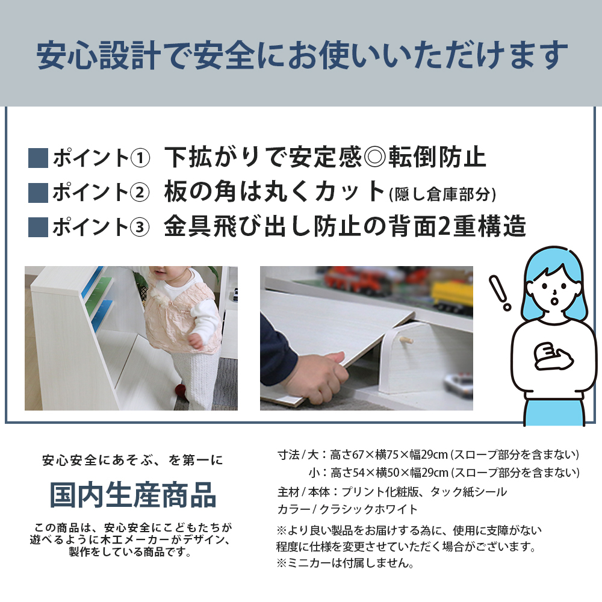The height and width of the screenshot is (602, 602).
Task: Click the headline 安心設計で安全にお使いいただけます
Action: (302, 55)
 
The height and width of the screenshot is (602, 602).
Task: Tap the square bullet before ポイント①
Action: (38, 158)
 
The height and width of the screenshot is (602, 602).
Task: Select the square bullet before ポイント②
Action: (38, 193)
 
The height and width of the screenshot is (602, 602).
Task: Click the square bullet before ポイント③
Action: (38, 227)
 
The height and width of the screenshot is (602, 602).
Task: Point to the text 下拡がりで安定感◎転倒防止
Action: (325, 158)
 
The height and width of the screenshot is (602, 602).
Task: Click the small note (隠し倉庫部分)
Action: (442, 194)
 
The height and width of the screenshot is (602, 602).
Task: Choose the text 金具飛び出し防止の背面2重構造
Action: (345, 227)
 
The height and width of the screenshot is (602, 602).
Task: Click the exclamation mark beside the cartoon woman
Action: (500, 293)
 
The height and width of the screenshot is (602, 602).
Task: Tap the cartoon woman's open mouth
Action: (554, 299)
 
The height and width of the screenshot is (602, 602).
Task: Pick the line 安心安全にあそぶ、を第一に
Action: (132, 461)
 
